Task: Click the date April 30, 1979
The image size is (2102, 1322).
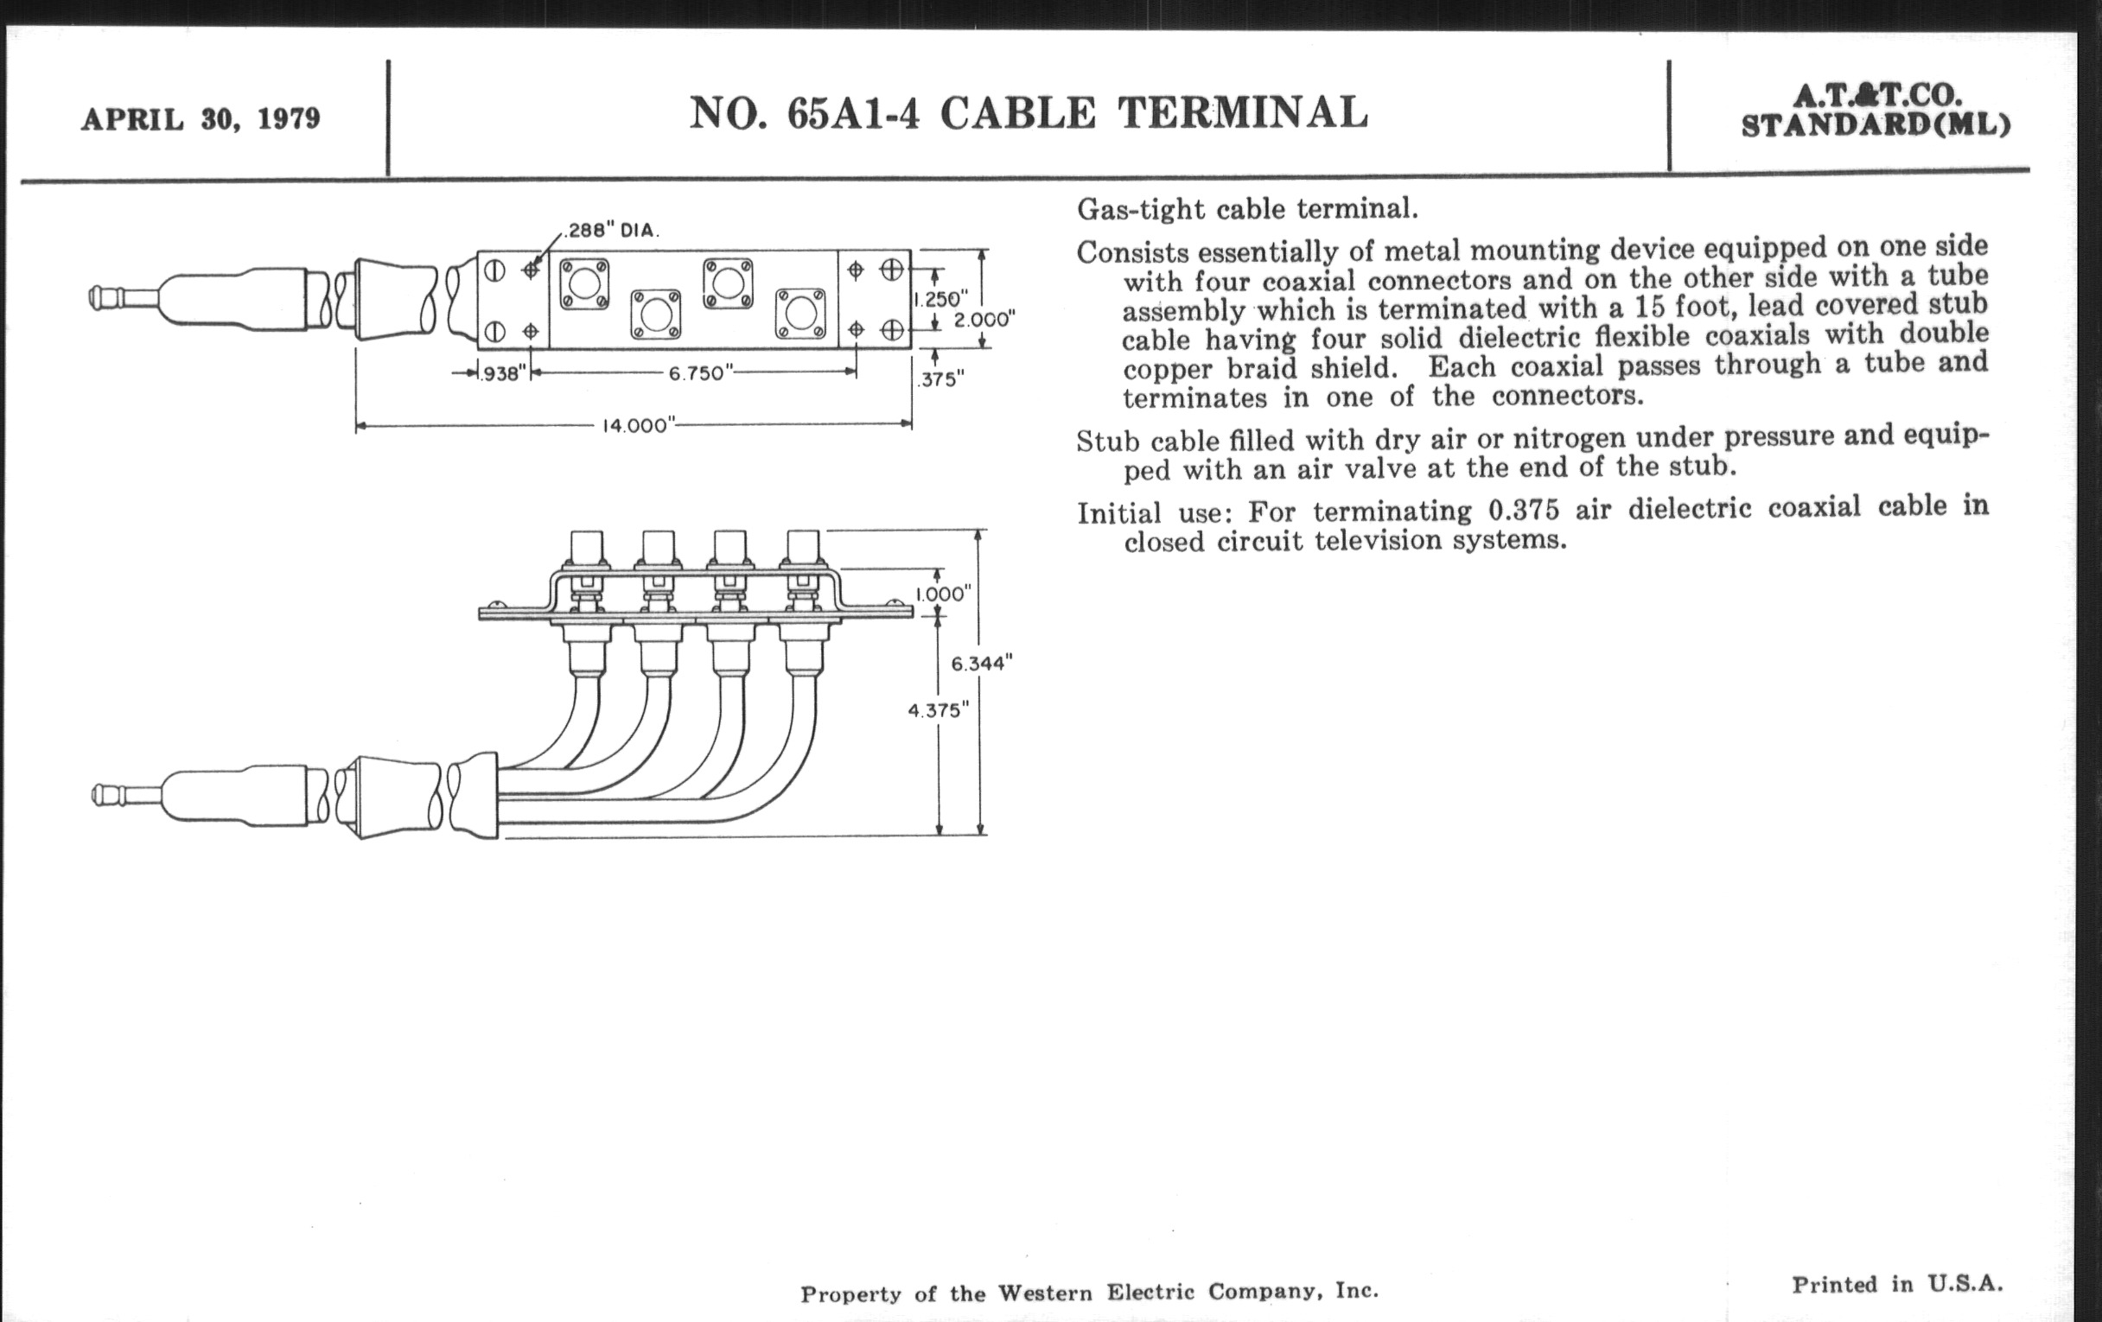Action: point(201,118)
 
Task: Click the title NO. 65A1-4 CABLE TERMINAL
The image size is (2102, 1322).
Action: point(1029,112)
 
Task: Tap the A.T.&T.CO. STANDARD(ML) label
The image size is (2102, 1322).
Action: point(1876,110)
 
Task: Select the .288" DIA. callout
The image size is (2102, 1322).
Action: point(612,232)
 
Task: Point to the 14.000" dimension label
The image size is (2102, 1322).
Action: point(640,426)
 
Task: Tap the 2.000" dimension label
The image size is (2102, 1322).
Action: point(984,320)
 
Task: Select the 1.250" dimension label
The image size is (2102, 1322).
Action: point(940,299)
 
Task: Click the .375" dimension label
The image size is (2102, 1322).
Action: point(941,379)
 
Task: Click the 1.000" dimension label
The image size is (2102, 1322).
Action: point(943,594)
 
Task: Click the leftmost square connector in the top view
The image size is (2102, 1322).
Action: point(584,283)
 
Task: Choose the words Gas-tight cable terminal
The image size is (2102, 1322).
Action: point(1247,208)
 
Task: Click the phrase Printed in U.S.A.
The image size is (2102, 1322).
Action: point(1898,1284)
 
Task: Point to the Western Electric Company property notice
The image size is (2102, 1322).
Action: point(1089,1292)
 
